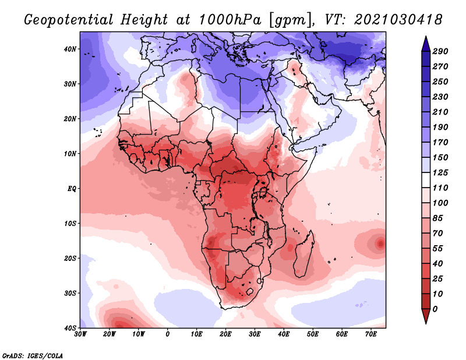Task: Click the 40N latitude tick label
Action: [x=70, y=49]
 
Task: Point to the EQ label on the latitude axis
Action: [x=72, y=189]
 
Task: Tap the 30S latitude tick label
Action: [x=70, y=293]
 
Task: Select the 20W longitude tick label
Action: [x=110, y=334]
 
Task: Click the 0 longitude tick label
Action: [x=168, y=334]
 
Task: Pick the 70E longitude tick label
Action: [x=371, y=334]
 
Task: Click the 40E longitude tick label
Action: [x=284, y=334]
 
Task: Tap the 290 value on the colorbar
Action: [x=440, y=51]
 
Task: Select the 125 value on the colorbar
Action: [x=440, y=172]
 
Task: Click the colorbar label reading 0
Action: [x=435, y=309]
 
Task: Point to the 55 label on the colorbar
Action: [x=437, y=249]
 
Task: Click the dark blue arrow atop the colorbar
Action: [x=426, y=44]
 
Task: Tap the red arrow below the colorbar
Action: [x=426, y=316]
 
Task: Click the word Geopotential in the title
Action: [x=69, y=20]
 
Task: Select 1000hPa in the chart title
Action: [x=230, y=20]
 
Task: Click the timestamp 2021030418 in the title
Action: [x=398, y=20]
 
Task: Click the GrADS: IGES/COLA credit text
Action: [x=33, y=356]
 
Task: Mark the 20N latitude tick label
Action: [x=70, y=119]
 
